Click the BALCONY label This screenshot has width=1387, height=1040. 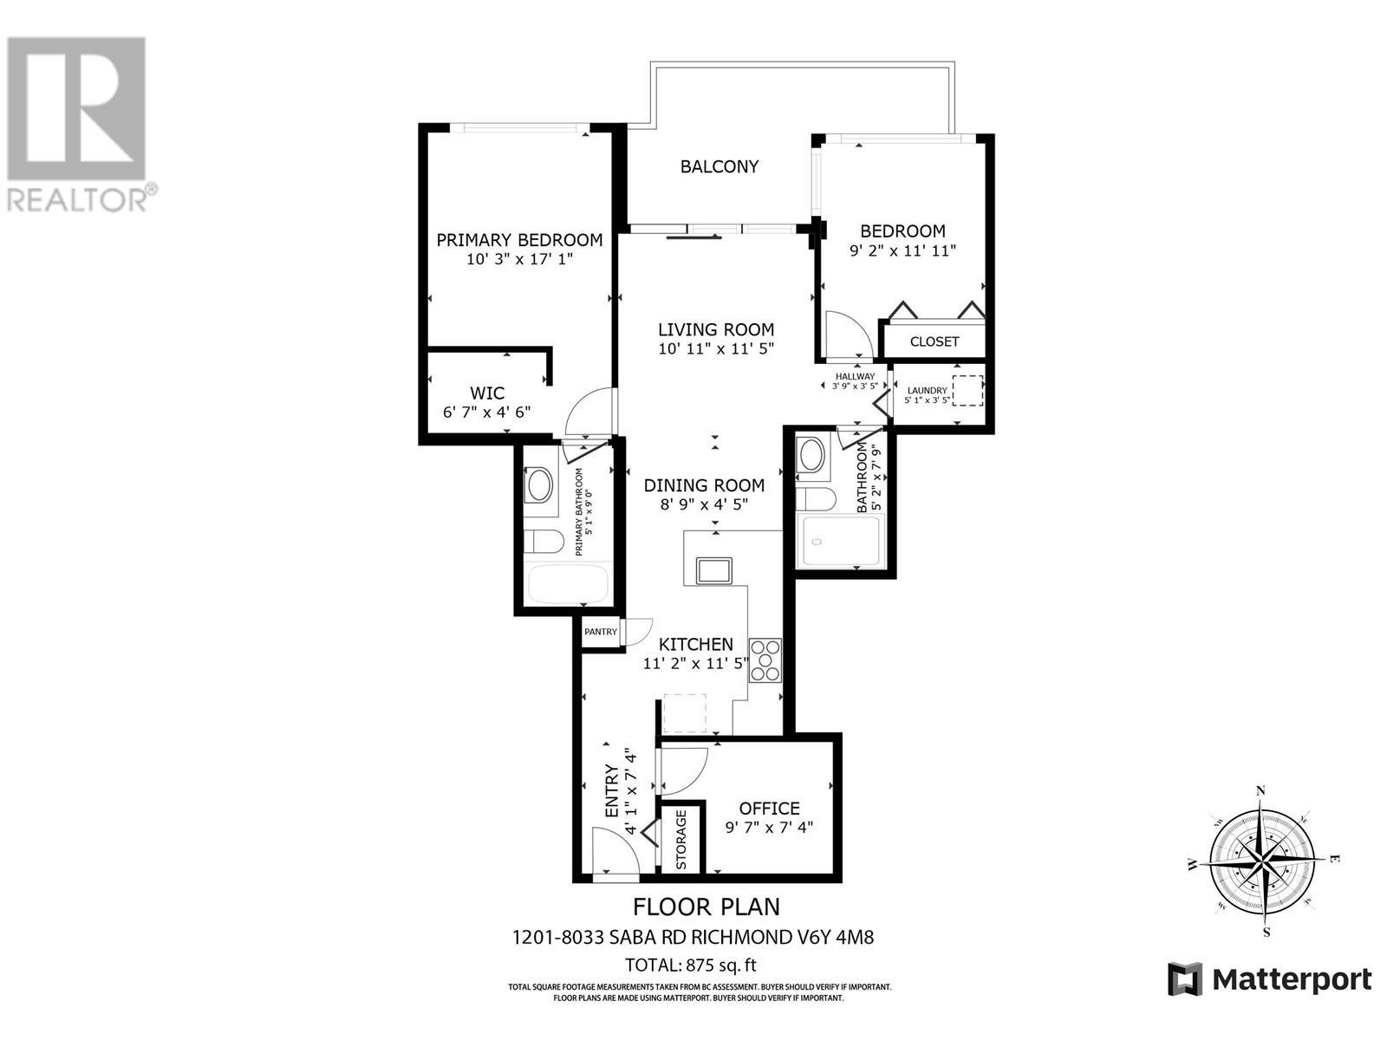pos(719,166)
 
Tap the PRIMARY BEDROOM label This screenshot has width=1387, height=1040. pos(518,240)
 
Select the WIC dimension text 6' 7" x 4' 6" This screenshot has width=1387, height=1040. pos(486,413)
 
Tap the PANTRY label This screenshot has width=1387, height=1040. pos(600,632)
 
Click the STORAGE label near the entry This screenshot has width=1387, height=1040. pos(681,840)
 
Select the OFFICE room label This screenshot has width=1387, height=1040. pos(769,809)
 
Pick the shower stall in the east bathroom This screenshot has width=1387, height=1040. pos(838,541)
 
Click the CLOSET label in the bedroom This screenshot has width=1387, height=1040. pos(934,341)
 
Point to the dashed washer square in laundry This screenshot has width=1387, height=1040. pos(968,391)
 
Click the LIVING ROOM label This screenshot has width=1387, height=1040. pos(715,329)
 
